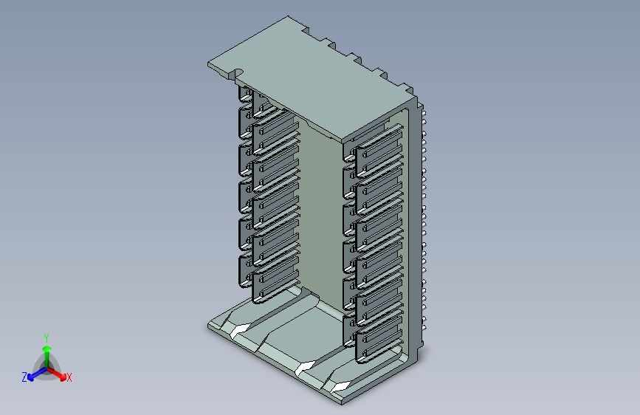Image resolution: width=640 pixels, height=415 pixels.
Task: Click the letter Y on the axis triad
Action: tap(47, 338)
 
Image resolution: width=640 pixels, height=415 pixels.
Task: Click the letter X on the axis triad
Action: tap(69, 378)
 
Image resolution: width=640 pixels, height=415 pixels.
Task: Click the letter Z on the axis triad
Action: tap(24, 377)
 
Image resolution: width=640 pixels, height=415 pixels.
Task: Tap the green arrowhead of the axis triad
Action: tap(47, 349)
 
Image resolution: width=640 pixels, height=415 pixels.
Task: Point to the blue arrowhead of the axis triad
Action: tap(31, 377)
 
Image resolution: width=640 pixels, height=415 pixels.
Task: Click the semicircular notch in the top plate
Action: tap(238, 73)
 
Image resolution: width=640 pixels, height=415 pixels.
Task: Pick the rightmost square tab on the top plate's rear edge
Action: tap(407, 88)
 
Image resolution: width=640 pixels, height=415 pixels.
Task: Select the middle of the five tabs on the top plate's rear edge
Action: tap(354, 58)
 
